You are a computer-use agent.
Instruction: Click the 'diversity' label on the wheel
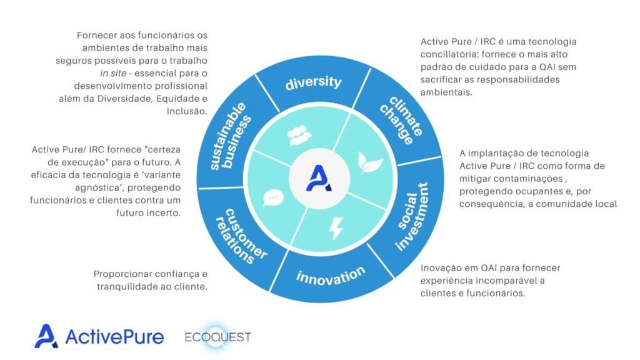pos(313,82)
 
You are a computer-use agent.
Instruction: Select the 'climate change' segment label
pos(401,121)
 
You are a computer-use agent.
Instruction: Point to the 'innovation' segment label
pos(331,276)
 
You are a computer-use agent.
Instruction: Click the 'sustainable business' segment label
pos(230,136)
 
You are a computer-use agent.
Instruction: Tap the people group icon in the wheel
pos(299,136)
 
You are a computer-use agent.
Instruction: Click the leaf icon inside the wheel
pos(370,163)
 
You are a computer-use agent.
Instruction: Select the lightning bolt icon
pos(336,228)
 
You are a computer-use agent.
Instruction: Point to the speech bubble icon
pos(273,198)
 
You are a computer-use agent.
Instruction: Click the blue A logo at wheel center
pos(319,178)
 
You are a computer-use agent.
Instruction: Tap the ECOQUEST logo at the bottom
pos(218,337)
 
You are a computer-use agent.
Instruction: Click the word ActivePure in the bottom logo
pos(114,337)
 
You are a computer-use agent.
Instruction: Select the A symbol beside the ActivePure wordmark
pos(46,336)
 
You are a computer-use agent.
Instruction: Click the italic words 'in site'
pos(113,74)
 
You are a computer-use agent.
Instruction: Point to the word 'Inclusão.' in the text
pos(187,111)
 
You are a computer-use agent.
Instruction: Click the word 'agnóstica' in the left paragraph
pos(99,187)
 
